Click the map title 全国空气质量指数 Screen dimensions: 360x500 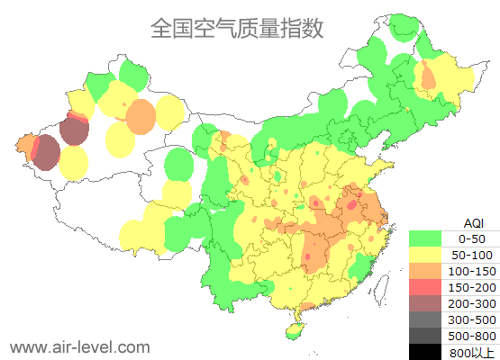[236, 28]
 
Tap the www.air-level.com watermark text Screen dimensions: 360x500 [79, 346]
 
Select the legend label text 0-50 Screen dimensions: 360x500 [473, 238]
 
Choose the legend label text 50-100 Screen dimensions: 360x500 [473, 255]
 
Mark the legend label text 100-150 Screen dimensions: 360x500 [473, 271]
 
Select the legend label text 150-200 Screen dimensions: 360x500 [473, 287]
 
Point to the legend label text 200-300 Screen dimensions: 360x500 [473, 303]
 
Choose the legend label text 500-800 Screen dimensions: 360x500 [473, 336]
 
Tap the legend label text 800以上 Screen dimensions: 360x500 [473, 351]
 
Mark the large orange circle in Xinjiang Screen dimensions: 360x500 [140, 116]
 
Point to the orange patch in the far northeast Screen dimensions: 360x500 [429, 76]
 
